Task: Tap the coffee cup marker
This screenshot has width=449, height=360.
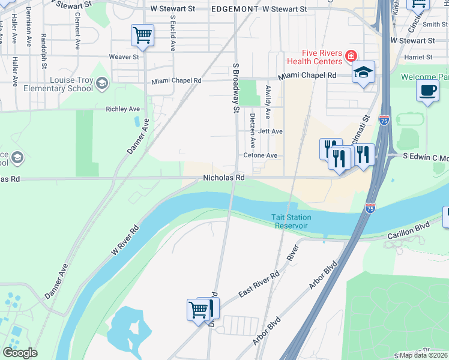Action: coord(427,91)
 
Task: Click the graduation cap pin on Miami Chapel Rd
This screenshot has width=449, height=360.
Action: coord(363,73)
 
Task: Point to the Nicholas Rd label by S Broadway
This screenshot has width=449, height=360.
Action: coord(224,178)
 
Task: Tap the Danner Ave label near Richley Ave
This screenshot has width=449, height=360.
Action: coord(138,136)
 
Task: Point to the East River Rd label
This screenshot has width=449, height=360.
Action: coord(259,284)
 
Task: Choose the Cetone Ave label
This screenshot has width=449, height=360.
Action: coord(260,155)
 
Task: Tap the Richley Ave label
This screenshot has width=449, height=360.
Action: coord(122,109)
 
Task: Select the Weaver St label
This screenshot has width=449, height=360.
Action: coord(124,57)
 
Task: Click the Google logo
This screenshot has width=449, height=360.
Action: coord(20,353)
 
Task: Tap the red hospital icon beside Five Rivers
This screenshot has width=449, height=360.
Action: coord(349,56)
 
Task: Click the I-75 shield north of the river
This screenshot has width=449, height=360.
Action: coord(384,120)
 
